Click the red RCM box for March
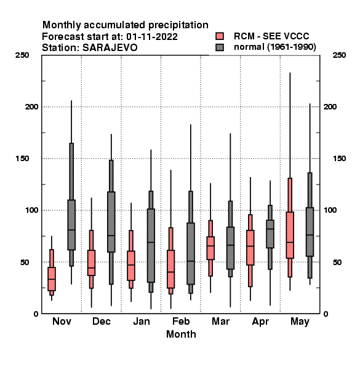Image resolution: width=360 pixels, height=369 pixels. [x=210, y=248]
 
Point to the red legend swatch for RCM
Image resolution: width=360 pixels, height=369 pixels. [x=220, y=36]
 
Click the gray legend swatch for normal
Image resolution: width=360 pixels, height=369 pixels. [x=220, y=47]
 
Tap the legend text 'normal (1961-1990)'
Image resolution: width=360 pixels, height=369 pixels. [x=274, y=47]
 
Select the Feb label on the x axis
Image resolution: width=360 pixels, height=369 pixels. [x=181, y=321]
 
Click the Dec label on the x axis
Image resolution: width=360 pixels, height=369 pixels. [x=102, y=321]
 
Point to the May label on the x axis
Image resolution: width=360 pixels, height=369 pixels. [x=300, y=322]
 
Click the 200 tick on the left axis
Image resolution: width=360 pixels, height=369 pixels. [x=31, y=106]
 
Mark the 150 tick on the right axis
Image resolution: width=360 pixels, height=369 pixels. [x=339, y=159]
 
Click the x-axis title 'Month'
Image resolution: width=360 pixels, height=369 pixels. [x=181, y=334]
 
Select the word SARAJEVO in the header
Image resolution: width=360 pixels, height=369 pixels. [x=110, y=48]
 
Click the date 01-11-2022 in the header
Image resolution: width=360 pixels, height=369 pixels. [x=152, y=37]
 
